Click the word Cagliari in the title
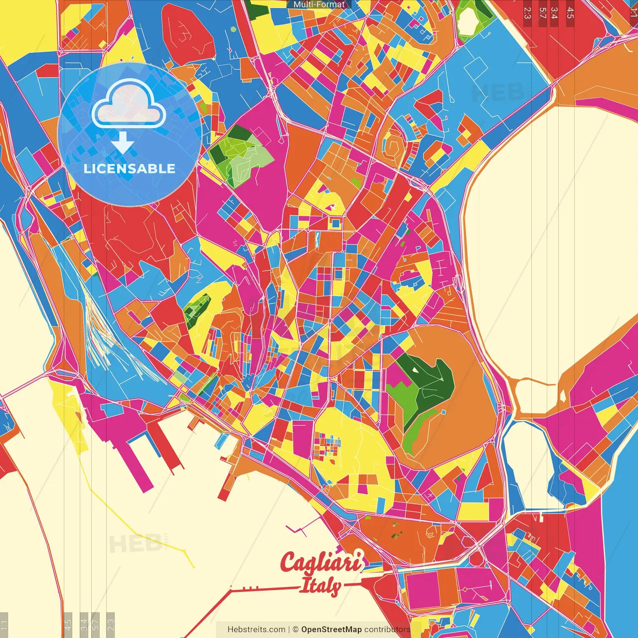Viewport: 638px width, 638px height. (321, 563)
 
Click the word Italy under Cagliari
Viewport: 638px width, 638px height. (321, 586)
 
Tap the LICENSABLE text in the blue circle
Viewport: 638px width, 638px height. (129, 168)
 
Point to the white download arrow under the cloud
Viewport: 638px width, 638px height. (123, 143)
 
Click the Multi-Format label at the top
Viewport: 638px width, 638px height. (319, 4)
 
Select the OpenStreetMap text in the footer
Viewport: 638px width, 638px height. (331, 630)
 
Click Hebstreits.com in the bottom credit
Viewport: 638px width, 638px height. (256, 630)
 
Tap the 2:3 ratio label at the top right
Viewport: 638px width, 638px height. (527, 12)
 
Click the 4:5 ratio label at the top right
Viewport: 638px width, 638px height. (570, 12)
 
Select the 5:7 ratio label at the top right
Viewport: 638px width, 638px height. (542, 12)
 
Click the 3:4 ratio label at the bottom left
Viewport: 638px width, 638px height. (84, 624)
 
